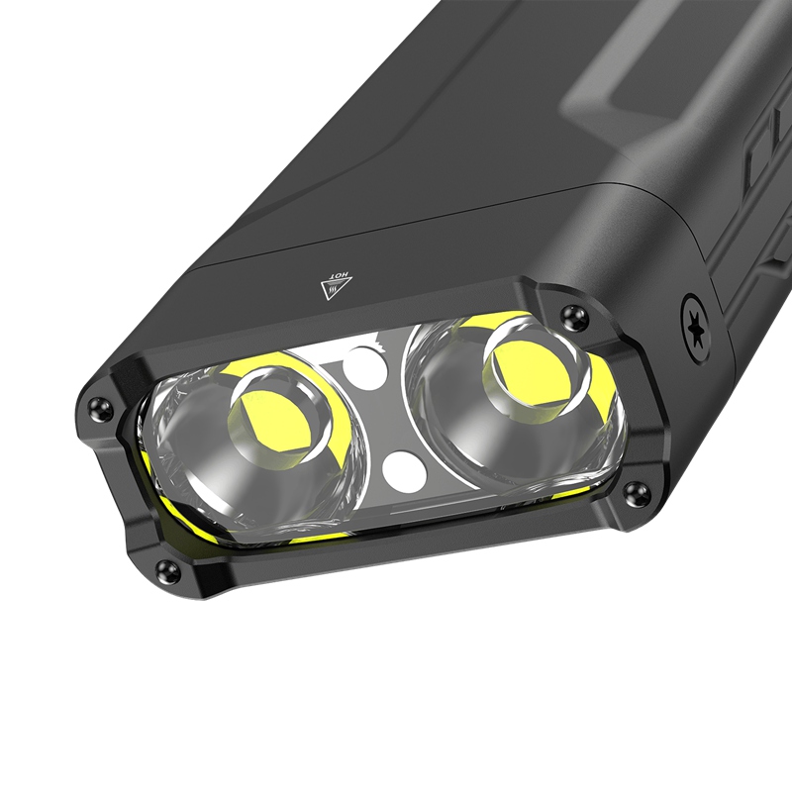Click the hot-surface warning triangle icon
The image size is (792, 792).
point(336,286)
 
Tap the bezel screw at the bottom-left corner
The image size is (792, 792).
point(167,571)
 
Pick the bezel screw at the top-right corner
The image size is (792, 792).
point(574,316)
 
